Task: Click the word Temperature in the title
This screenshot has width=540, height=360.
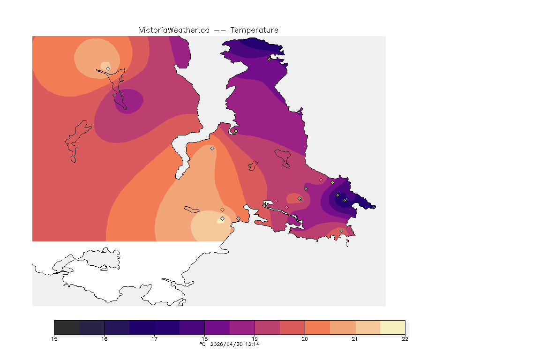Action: pyautogui.click(x=255, y=30)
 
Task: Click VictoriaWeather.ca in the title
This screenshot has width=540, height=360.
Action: pyautogui.click(x=174, y=30)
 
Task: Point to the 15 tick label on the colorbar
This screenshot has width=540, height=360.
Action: pyautogui.click(x=54, y=339)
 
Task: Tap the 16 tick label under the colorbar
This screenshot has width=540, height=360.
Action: pyautogui.click(x=104, y=339)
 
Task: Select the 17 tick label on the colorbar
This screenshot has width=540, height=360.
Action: pyautogui.click(x=154, y=339)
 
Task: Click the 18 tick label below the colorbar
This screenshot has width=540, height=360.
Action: pyautogui.click(x=204, y=339)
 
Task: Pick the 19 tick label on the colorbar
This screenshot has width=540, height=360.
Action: pyautogui.click(x=255, y=339)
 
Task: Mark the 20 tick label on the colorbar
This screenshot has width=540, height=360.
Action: pyautogui.click(x=305, y=339)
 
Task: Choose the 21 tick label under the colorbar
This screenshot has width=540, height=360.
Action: pyautogui.click(x=355, y=339)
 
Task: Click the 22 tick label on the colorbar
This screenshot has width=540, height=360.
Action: pyautogui.click(x=405, y=339)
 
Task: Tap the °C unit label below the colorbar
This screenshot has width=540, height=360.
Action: pyautogui.click(x=202, y=344)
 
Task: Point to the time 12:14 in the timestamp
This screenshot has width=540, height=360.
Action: pyautogui.click(x=252, y=344)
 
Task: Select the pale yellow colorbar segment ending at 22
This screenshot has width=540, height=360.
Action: pyautogui.click(x=392, y=327)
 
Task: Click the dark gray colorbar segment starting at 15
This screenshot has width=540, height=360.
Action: pyautogui.click(x=67, y=327)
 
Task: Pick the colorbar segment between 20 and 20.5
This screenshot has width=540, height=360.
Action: pyautogui.click(x=317, y=327)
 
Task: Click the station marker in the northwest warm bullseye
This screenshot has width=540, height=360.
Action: pyautogui.click(x=108, y=68)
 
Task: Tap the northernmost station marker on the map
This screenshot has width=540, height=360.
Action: pyautogui.click(x=269, y=59)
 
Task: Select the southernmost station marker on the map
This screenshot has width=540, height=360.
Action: pyautogui.click(x=341, y=231)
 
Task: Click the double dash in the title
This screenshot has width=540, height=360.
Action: pyautogui.click(x=220, y=30)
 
